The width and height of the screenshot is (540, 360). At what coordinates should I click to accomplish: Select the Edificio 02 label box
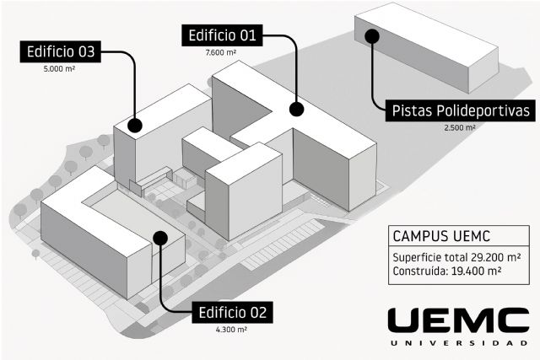233,313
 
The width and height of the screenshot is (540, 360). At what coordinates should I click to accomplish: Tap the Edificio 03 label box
62,51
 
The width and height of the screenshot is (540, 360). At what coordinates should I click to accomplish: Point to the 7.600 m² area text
221,53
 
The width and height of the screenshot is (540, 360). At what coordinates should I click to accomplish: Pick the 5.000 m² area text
60,71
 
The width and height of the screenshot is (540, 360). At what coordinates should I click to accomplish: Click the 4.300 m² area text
231,330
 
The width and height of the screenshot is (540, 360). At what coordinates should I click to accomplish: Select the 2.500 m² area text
460,128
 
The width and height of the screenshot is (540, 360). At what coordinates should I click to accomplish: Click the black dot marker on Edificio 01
296,109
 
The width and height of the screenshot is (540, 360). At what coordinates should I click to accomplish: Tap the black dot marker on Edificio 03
134,126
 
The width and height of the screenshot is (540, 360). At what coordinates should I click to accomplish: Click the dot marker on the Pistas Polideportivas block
372,35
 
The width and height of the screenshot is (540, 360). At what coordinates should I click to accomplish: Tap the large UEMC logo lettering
458,320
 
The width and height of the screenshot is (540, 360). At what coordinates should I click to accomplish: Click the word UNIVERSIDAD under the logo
458,343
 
